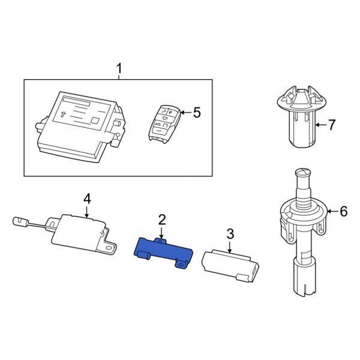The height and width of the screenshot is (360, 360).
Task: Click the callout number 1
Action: pyautogui.click(x=119, y=70)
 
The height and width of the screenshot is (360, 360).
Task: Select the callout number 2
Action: pyautogui.click(x=161, y=220)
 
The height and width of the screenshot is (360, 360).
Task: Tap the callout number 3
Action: pyautogui.click(x=229, y=233)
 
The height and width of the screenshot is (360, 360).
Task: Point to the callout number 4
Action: pyautogui.click(x=86, y=197)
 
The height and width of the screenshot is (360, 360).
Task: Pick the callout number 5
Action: pyautogui.click(x=197, y=112)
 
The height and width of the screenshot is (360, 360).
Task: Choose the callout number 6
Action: pyautogui.click(x=343, y=211)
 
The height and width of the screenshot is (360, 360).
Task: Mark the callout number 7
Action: pyautogui.click(x=332, y=125)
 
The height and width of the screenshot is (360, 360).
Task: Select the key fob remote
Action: pyautogui.click(x=164, y=122)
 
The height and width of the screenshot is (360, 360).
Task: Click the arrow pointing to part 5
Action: pyautogui.click(x=183, y=112)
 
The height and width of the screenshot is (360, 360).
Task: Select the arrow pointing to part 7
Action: pyautogui.click(x=319, y=125)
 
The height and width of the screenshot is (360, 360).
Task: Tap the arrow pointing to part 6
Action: pyautogui.click(x=331, y=211)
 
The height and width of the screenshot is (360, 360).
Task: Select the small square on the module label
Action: pyautogui.click(x=94, y=121)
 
